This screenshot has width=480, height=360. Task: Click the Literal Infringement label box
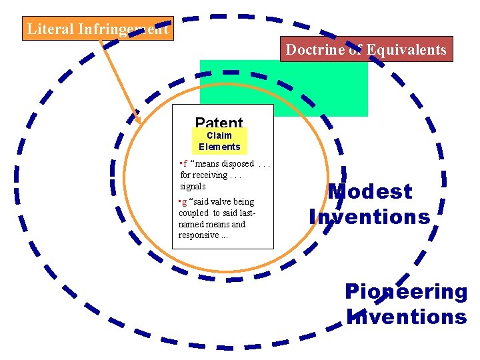(x=97, y=29)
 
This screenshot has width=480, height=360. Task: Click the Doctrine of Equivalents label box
(x=366, y=49)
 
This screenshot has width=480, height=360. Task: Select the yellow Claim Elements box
(x=219, y=141)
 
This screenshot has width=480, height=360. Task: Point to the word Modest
(x=370, y=191)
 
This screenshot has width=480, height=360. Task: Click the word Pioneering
(x=405, y=291)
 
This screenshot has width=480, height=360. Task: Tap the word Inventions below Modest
(x=369, y=217)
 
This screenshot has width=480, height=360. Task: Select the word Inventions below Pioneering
(x=407, y=316)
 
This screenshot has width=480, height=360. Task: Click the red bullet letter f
(x=185, y=164)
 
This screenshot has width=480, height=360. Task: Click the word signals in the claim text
(x=193, y=187)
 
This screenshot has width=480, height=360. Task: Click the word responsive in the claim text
(x=199, y=235)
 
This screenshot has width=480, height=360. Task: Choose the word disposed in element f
(x=239, y=164)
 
